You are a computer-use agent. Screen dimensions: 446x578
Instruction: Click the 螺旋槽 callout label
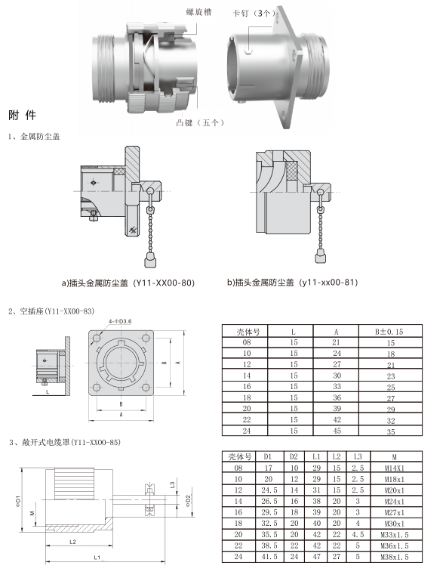click(198, 12)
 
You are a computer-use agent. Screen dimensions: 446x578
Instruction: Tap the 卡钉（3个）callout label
click(254, 14)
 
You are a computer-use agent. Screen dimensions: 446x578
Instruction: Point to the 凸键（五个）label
click(200, 122)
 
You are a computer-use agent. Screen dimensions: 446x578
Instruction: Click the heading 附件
click(23, 116)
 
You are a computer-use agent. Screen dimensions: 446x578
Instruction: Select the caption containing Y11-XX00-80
click(128, 283)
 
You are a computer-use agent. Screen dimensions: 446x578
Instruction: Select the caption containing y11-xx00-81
click(292, 283)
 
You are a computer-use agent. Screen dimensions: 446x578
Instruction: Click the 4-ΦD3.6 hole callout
click(121, 321)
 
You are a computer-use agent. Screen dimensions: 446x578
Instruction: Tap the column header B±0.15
click(389, 332)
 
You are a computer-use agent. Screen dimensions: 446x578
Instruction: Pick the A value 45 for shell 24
click(337, 431)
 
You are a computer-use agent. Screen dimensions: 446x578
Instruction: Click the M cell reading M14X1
click(395, 468)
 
